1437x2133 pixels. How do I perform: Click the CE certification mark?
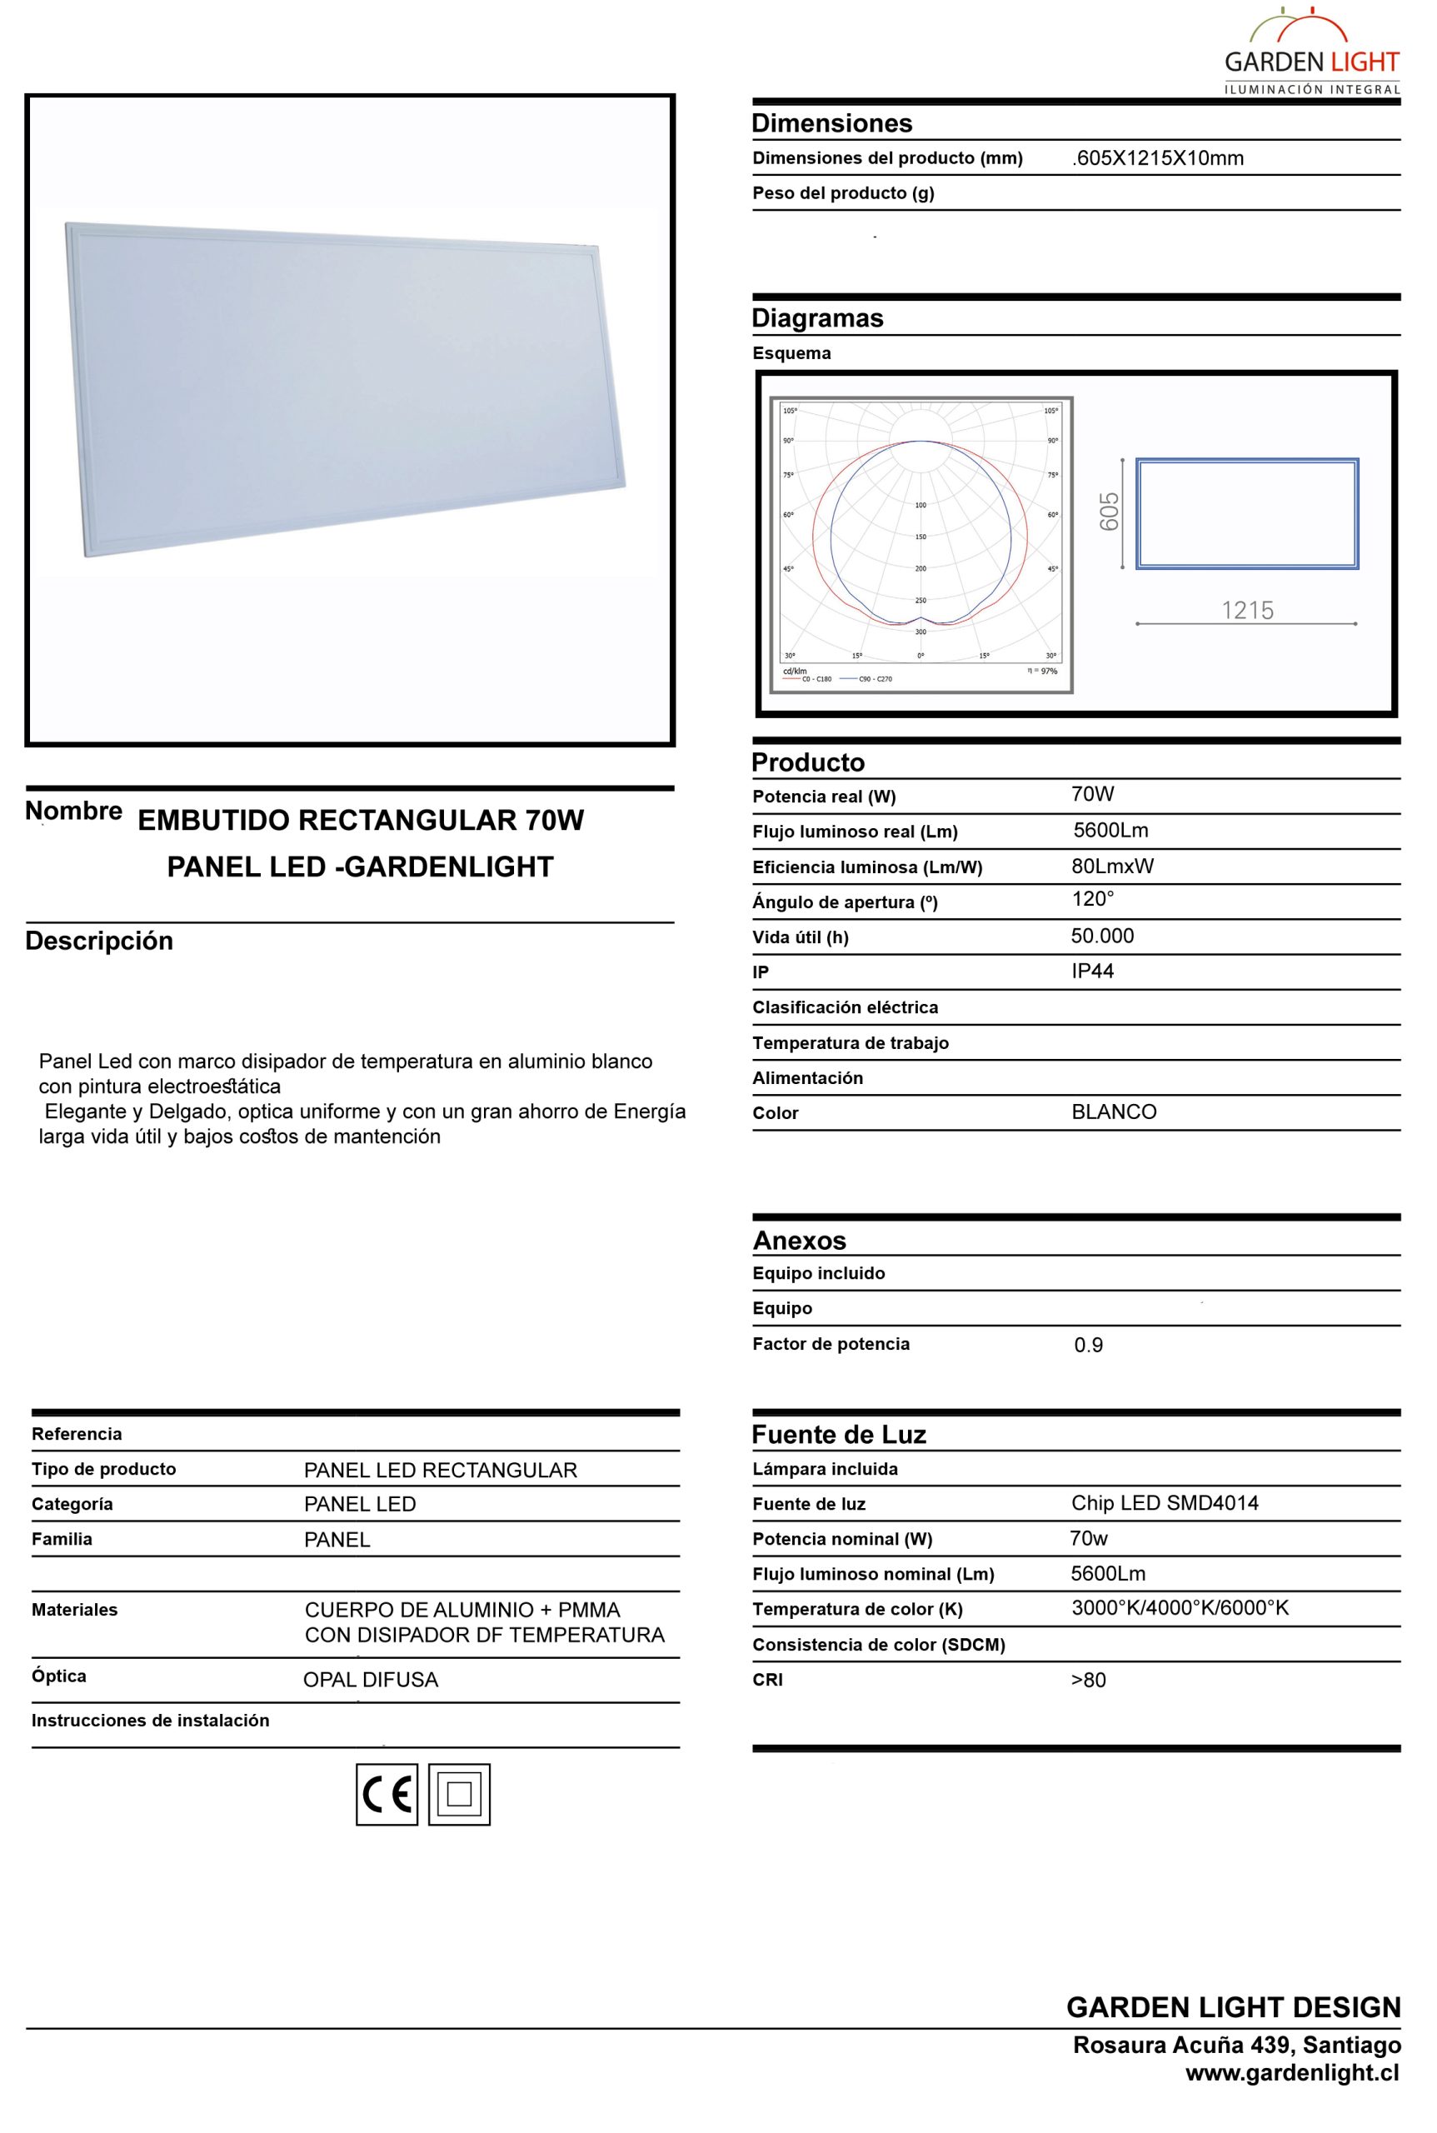pos(387,1794)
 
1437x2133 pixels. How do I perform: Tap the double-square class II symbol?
pos(459,1794)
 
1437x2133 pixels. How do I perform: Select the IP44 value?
pos(1092,971)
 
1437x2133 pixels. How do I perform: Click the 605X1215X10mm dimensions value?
pos(1159,157)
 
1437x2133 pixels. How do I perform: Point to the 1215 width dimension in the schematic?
pos(1247,610)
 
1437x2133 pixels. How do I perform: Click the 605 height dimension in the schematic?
pos(1109,512)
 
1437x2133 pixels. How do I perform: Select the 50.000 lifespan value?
pos(1102,936)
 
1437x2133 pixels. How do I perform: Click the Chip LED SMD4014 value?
pos(1165,1502)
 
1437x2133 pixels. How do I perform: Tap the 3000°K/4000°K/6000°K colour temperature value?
pos(1180,1608)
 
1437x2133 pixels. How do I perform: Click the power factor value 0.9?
pos(1089,1345)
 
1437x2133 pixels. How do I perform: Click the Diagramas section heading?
pos(817,318)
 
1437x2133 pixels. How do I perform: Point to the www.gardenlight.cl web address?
pos(1292,2072)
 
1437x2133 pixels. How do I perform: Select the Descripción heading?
pos(99,941)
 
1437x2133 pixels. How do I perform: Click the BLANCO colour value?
pos(1115,1111)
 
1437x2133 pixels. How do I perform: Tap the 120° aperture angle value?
pos(1093,899)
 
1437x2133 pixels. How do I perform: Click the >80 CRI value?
pos(1089,1679)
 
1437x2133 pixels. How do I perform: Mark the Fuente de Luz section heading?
pos(839,1435)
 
